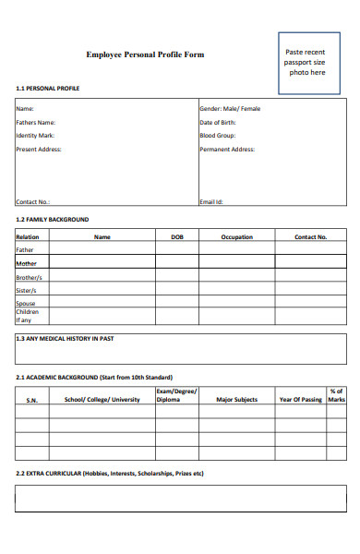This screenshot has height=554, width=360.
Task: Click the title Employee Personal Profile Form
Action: pos(145,55)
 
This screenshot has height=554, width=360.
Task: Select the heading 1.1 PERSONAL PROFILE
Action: pos(48,89)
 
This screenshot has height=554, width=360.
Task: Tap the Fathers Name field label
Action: pos(36,122)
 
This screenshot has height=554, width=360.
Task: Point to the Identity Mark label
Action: pos(35,135)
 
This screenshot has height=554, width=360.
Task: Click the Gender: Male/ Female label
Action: pos(230,109)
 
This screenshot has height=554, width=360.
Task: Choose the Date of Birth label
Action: pos(218,122)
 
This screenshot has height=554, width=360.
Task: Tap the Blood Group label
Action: pos(217,135)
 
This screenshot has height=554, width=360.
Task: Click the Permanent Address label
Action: pos(227,149)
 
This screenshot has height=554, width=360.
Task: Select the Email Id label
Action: pos(211,201)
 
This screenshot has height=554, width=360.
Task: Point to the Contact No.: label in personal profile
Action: pos(33,201)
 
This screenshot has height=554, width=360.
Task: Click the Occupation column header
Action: pos(236,237)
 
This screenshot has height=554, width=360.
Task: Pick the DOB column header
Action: pos(177,237)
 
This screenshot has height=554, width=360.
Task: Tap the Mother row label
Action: pos(26,263)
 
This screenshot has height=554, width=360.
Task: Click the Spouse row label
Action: pos(26,303)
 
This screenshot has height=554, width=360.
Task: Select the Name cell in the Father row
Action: pos(102,249)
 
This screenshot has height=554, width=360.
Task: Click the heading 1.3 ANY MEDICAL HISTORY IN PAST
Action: pos(65,339)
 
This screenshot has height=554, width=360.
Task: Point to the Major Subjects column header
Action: pos(236,400)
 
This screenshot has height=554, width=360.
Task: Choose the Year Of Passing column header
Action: pos(301,400)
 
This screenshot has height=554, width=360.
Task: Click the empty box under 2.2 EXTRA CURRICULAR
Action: pos(181,499)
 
